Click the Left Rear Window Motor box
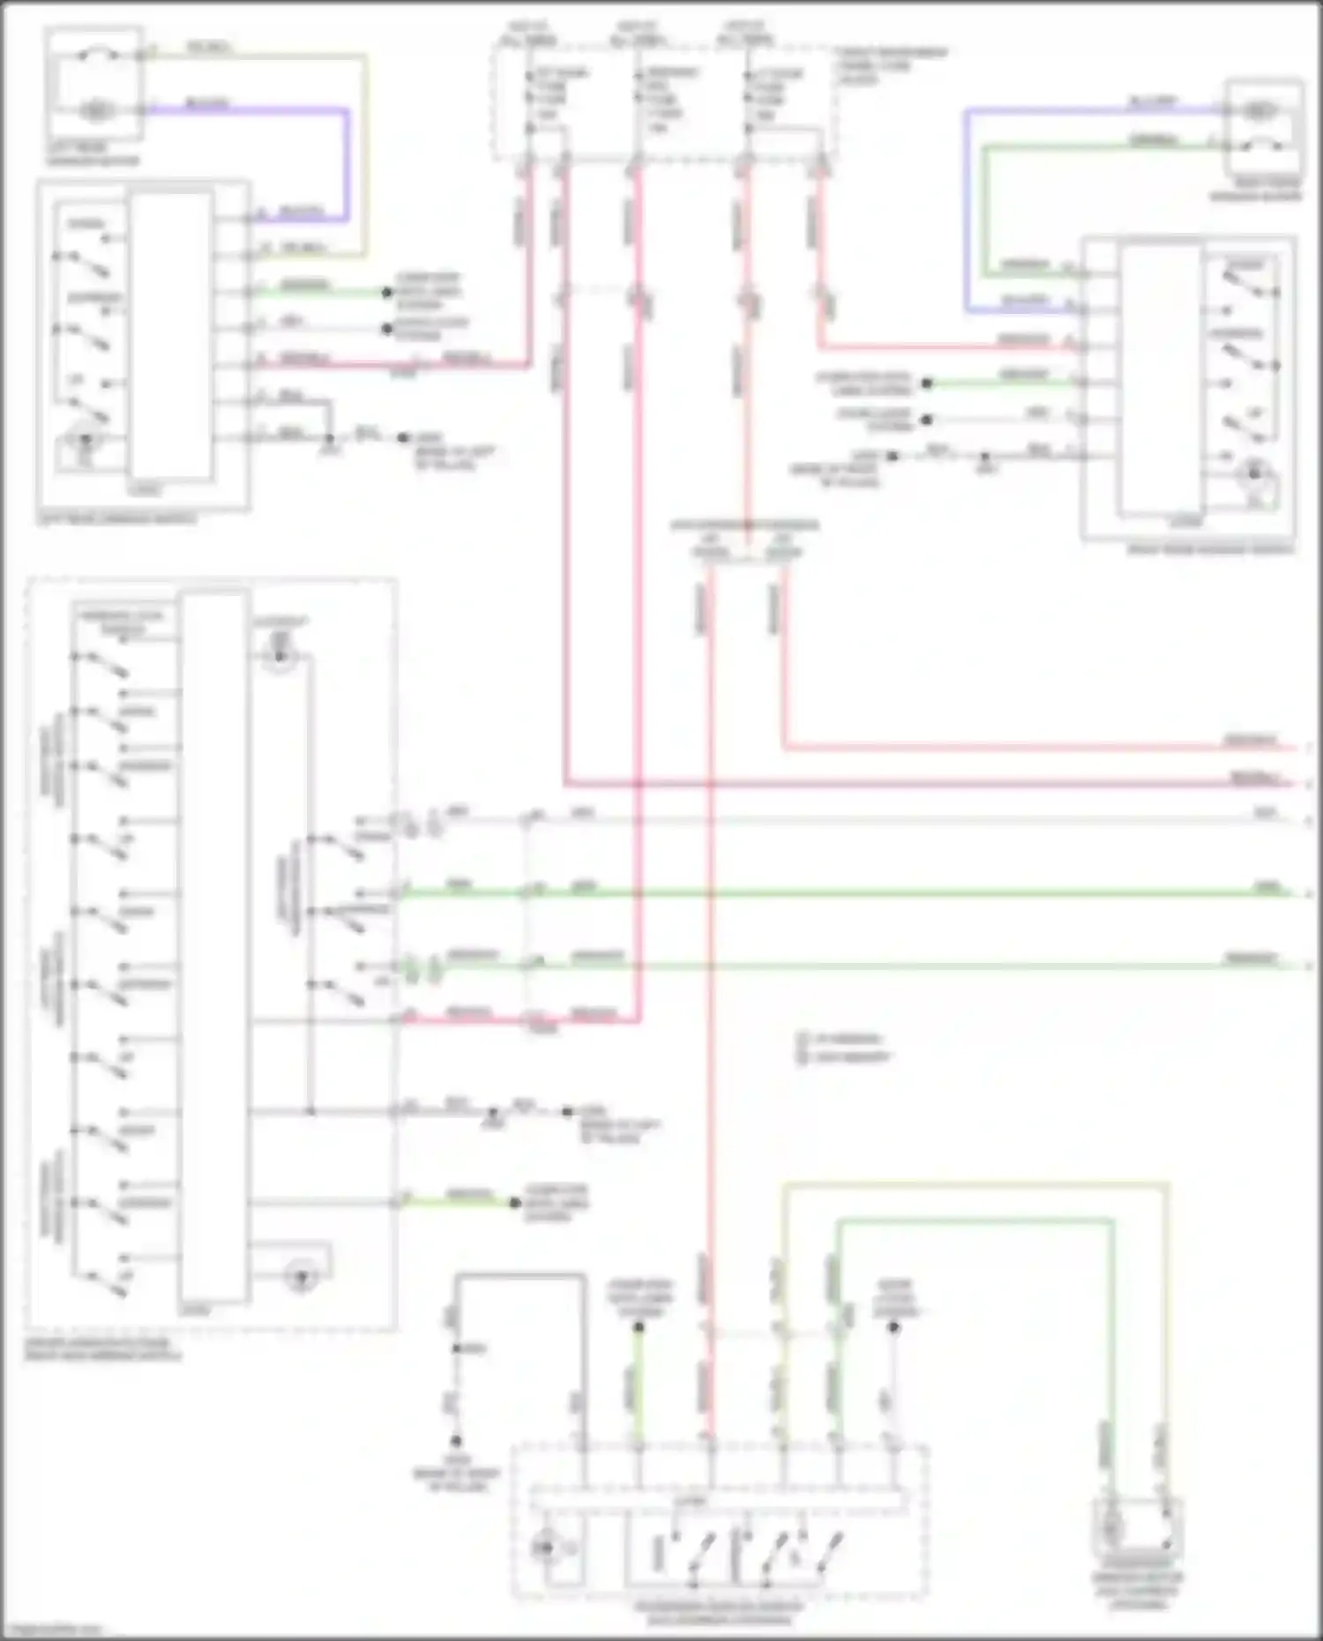[x=94, y=84]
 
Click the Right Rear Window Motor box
[x=1263, y=128]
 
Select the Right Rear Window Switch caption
[x=1210, y=549]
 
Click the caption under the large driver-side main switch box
[x=101, y=1349]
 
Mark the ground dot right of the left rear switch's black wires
[x=404, y=438]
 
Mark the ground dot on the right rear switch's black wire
[x=893, y=456]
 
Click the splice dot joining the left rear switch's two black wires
[x=330, y=438]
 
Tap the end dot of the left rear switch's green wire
[x=386, y=292]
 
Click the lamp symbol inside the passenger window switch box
[x=546, y=1548]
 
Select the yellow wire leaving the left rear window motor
[x=265, y=56]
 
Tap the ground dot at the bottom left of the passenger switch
[x=456, y=1442]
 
